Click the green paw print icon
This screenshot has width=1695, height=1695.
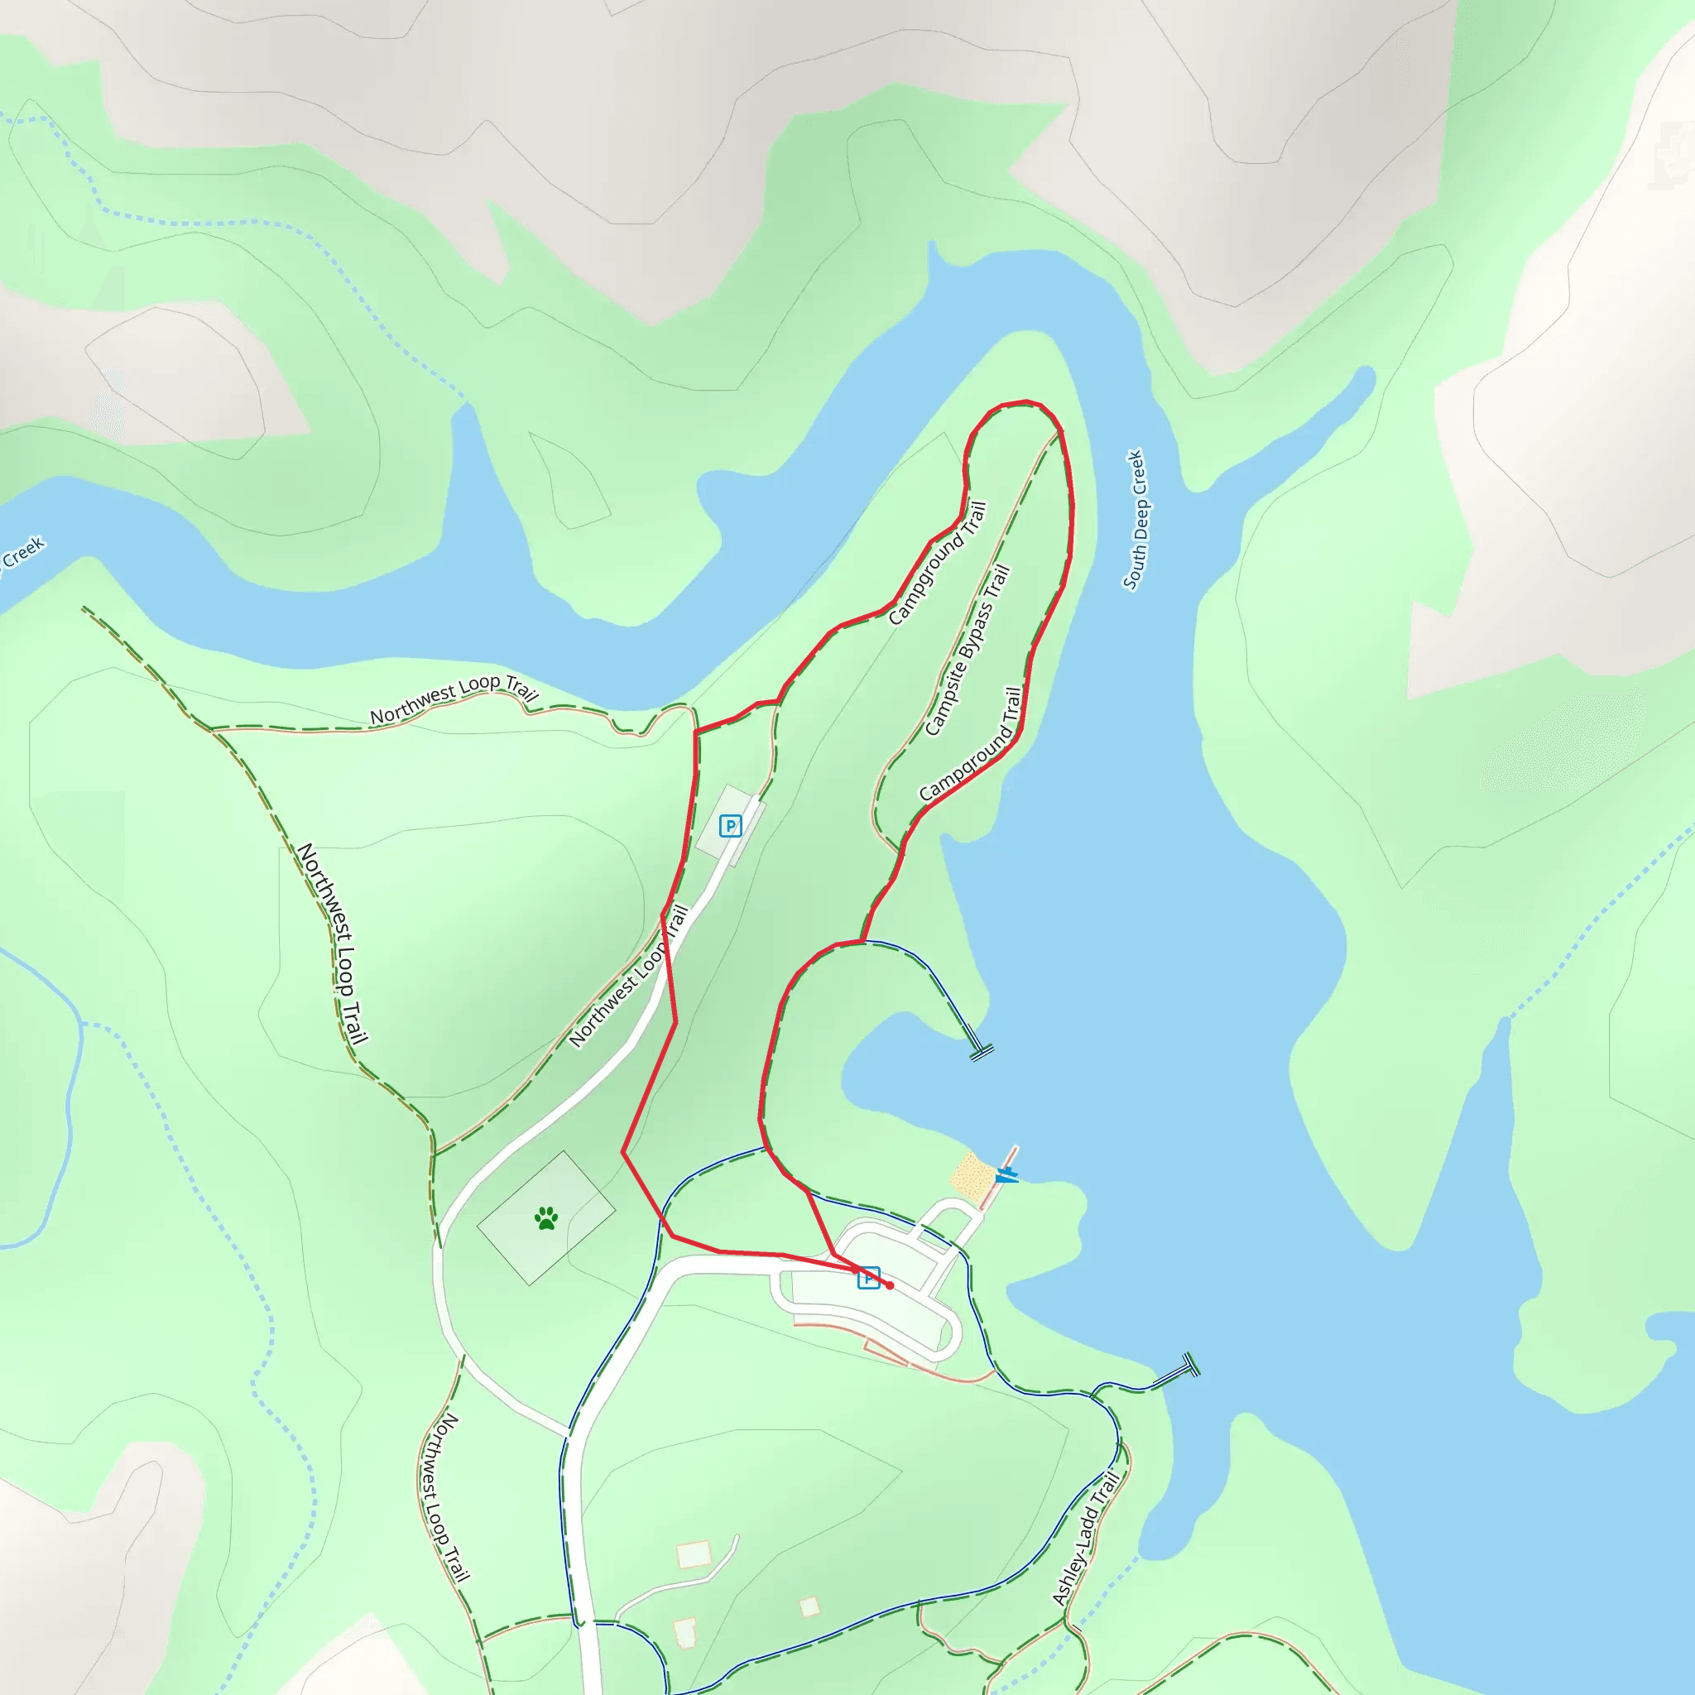[546, 1217]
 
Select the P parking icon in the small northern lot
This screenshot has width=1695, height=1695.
[730, 825]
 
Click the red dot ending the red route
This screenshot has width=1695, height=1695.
[890, 1285]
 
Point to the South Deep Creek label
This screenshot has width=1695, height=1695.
[1136, 520]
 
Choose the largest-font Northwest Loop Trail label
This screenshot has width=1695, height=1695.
[334, 944]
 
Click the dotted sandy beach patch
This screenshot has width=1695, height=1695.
[972, 1177]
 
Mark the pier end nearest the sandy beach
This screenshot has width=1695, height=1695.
[981, 1051]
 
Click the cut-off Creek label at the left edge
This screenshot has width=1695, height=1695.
[19, 555]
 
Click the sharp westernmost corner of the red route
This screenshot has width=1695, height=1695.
[624, 1152]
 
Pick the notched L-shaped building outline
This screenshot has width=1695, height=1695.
[685, 1632]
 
